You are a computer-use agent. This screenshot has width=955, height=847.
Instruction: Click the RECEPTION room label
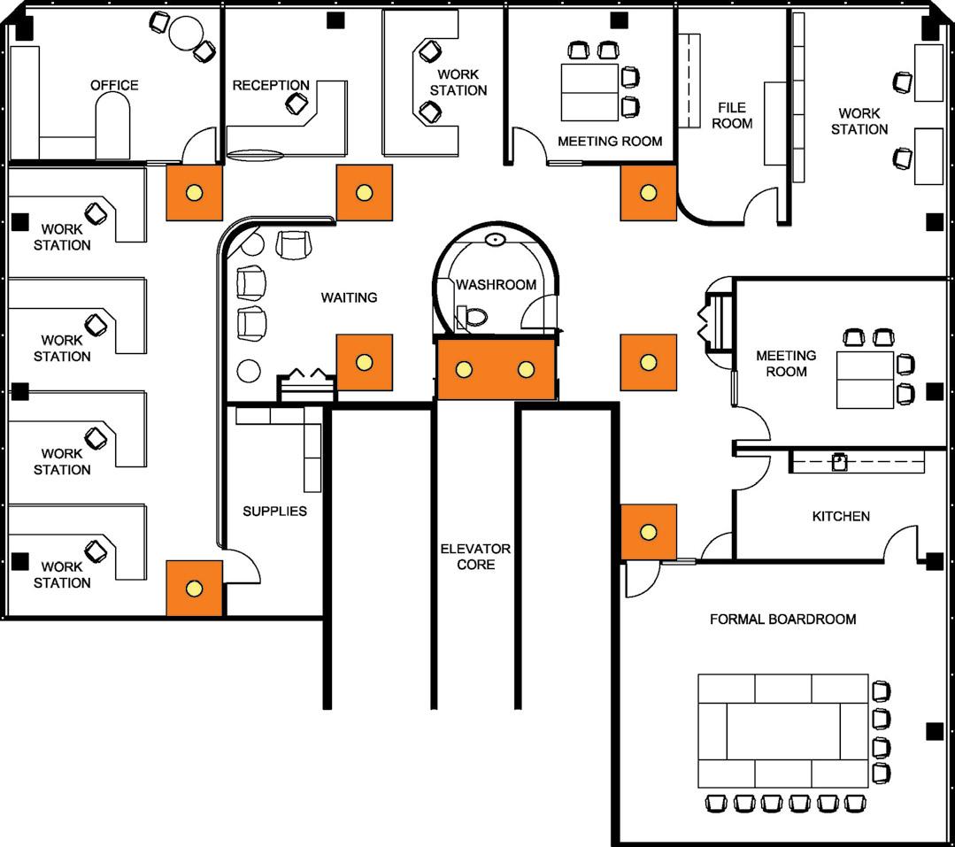(271, 86)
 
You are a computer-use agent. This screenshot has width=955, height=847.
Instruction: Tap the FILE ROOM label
(732, 115)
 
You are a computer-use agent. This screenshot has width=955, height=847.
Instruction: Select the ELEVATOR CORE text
(475, 556)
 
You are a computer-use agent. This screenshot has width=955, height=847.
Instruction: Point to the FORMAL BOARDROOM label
(782, 619)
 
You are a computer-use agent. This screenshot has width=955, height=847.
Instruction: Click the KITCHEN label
(841, 516)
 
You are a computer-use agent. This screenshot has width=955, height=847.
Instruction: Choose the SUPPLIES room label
(274, 511)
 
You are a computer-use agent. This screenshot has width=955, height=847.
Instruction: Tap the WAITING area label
(349, 297)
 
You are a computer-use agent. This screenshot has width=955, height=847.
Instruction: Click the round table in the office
(186, 34)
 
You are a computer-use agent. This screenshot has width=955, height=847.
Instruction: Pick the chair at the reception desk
(297, 104)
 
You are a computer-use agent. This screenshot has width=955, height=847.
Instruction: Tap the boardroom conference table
(782, 731)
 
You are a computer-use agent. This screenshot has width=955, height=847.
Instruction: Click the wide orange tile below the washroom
(496, 369)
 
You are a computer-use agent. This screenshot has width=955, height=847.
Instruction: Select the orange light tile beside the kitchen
(648, 532)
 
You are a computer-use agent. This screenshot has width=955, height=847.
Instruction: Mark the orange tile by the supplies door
(194, 588)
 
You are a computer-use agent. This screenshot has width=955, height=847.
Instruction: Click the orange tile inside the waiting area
(363, 362)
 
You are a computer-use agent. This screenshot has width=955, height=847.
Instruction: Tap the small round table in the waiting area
(250, 371)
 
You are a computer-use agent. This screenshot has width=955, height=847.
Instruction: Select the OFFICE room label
(114, 85)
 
